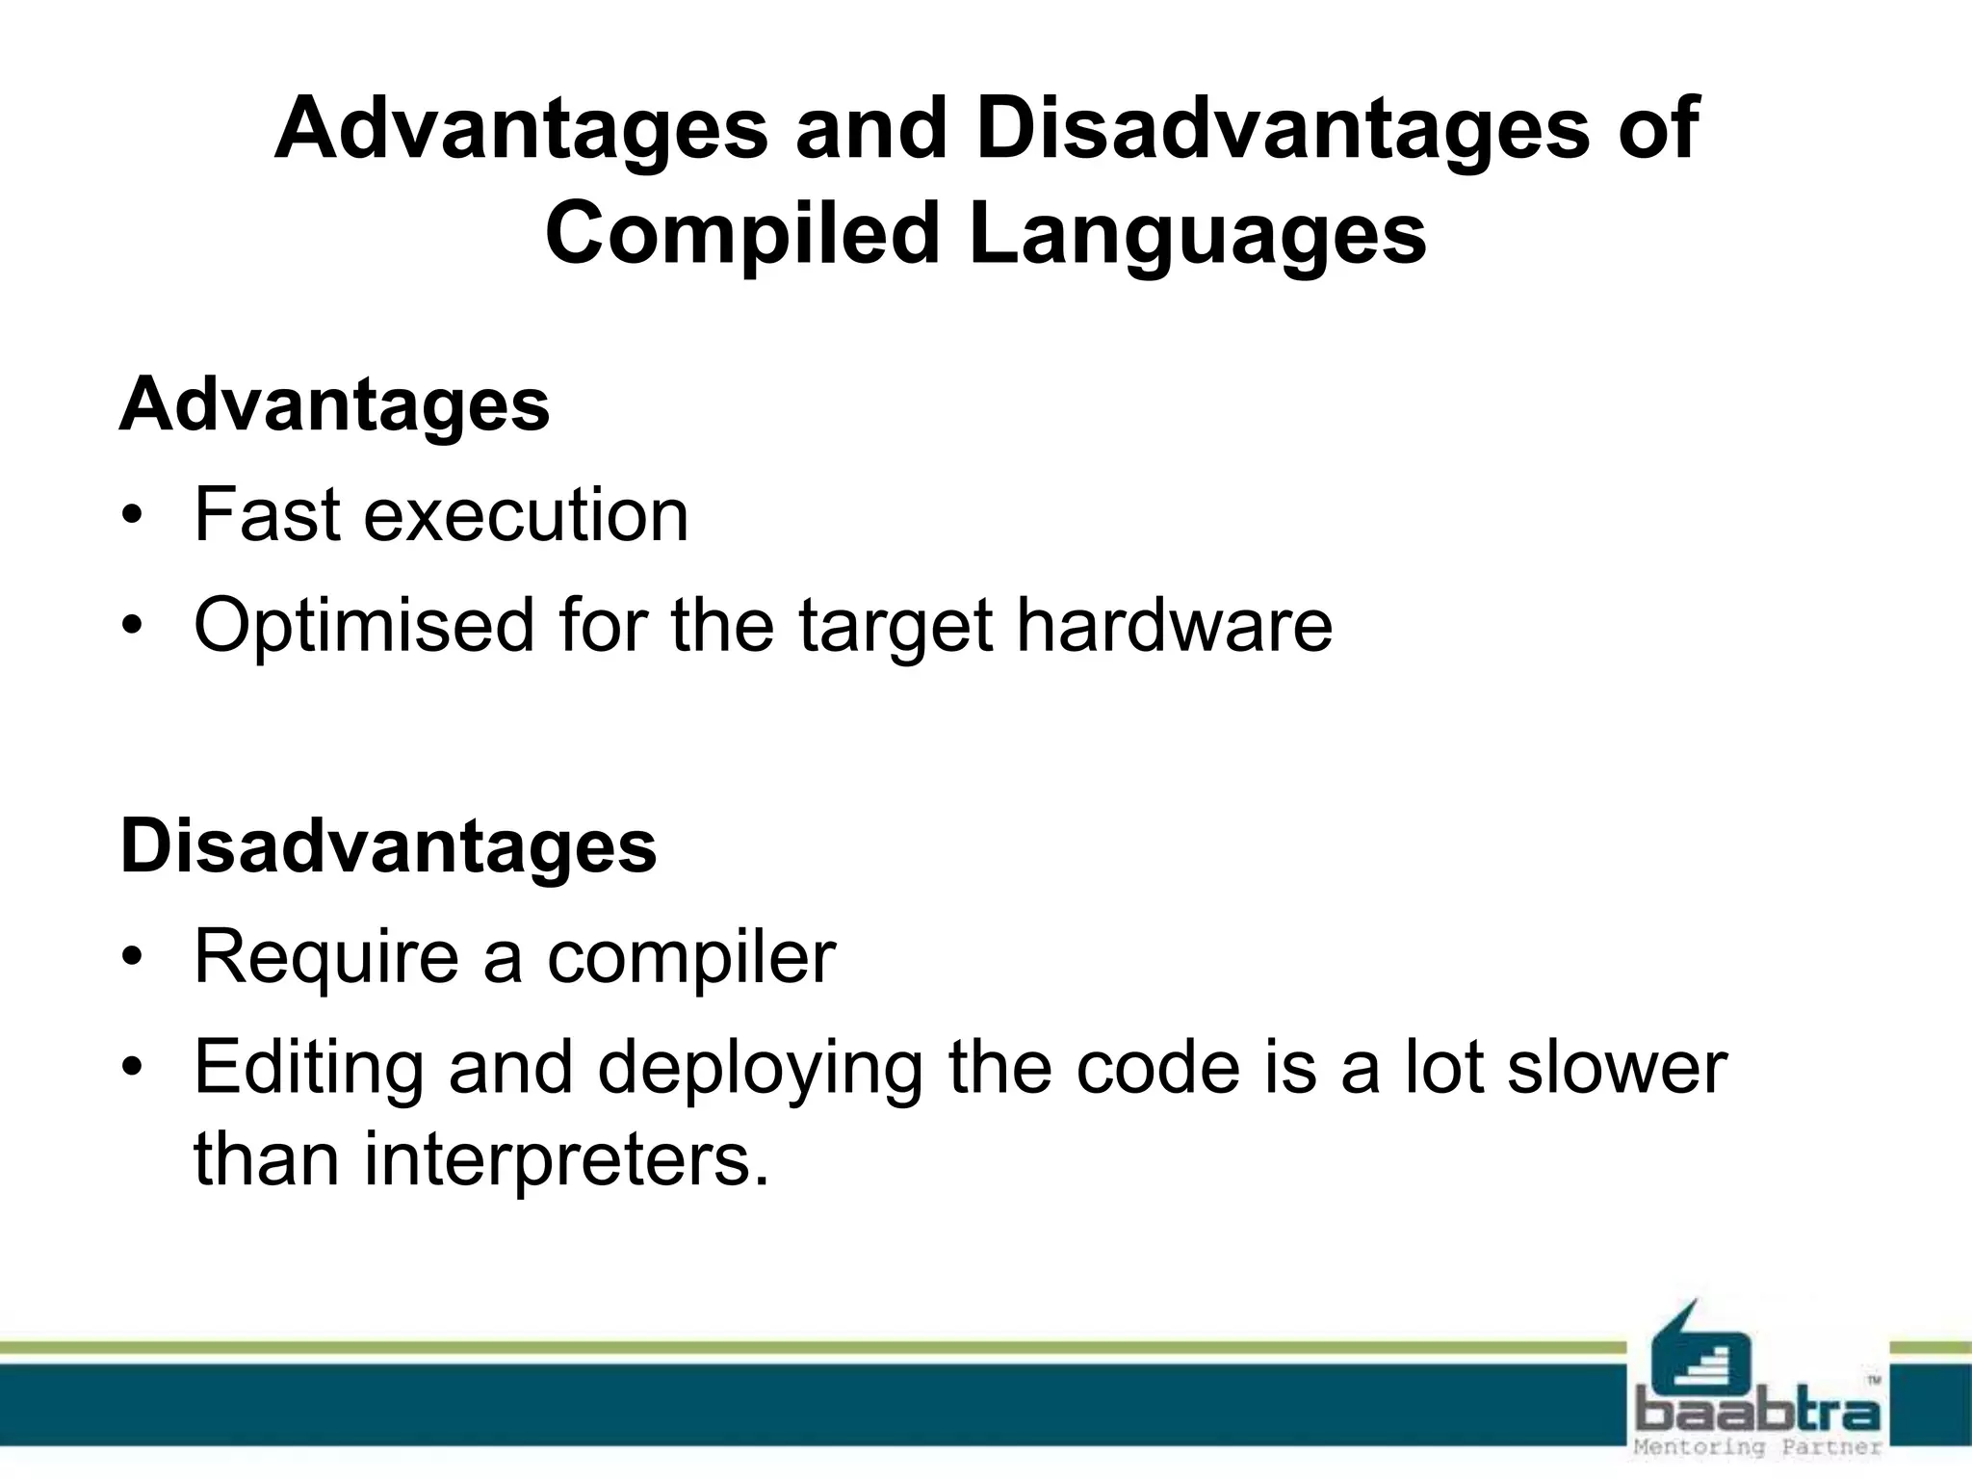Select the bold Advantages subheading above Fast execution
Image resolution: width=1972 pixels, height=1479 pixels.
pyautogui.click(x=334, y=404)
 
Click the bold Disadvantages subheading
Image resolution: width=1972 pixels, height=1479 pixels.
pyautogui.click(x=388, y=846)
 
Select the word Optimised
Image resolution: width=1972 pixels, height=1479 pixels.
pyautogui.click(x=364, y=626)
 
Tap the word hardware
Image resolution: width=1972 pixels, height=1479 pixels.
pyautogui.click(x=1174, y=626)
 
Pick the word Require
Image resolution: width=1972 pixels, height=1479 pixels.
pyautogui.click(x=325, y=957)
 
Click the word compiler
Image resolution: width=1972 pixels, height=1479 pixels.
pyautogui.click(x=690, y=957)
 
